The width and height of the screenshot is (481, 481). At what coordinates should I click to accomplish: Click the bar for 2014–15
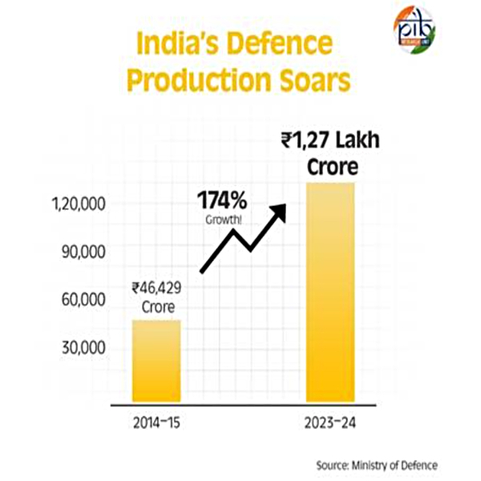coord(156,361)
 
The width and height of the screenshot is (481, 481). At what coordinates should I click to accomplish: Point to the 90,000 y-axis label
coord(83,253)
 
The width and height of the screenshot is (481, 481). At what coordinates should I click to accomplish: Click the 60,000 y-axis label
coord(83,300)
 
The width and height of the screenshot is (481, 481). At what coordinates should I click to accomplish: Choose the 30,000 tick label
coord(83,347)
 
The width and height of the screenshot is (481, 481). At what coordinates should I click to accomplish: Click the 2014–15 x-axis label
coord(156,423)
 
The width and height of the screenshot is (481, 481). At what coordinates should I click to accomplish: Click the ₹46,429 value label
coord(157,289)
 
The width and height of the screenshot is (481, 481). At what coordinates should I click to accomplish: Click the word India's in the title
coord(176,45)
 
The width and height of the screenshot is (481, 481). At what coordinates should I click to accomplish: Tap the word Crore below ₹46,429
coord(157,307)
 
